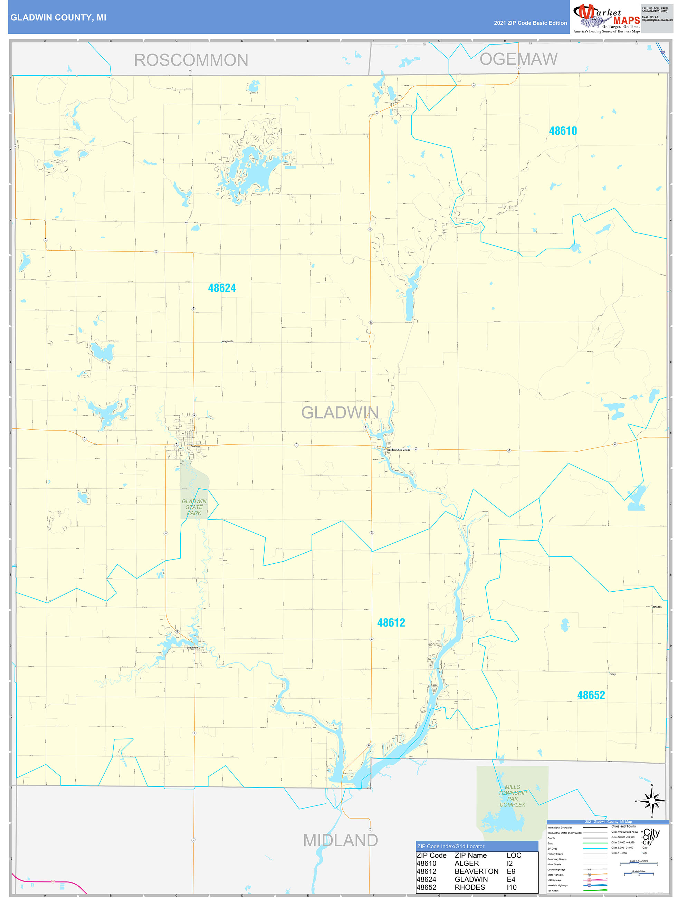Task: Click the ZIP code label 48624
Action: coord(222,288)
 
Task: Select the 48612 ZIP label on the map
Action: coord(391,623)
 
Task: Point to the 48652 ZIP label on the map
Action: coord(591,695)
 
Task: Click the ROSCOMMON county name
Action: coord(191,60)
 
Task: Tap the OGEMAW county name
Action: coord(518,59)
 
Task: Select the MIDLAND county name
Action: coord(340,840)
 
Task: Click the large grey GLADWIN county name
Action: coord(340,412)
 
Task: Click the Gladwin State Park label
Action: coord(194,507)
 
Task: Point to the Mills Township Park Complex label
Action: coord(512,796)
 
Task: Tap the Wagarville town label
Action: coord(227,342)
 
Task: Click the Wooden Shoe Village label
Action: coord(398,450)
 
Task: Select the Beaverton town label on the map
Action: coord(192,648)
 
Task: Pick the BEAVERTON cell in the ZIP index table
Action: coord(476,871)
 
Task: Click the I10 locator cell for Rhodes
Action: coord(512,887)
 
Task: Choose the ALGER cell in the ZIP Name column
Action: coord(467,863)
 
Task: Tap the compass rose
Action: coord(652,801)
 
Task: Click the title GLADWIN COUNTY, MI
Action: coord(58,18)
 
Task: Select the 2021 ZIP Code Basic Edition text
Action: coord(530,23)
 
